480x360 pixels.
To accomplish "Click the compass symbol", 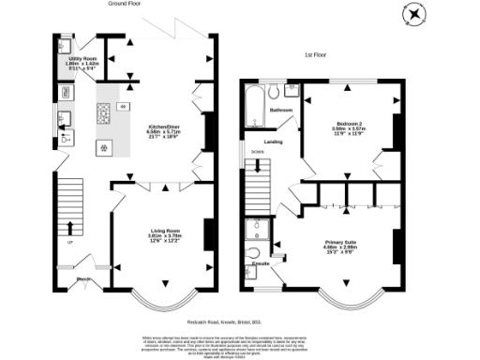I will tap(413, 15).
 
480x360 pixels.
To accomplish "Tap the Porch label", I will tap(82, 278).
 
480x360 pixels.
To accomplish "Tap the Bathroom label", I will tap(280, 111).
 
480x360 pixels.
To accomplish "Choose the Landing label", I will tap(275, 142).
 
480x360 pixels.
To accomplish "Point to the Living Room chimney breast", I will tap(207, 231).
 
